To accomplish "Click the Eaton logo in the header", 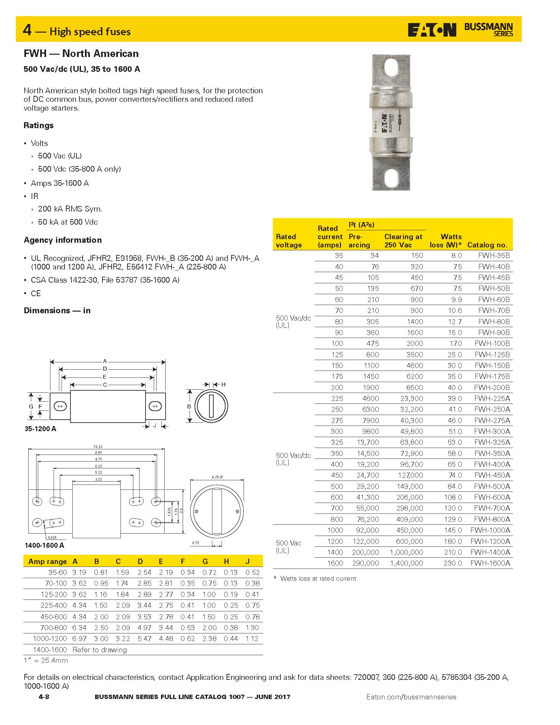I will coord(432,30).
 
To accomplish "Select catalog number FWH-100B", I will coord(492,344).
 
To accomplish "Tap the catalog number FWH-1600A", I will coord(490,563).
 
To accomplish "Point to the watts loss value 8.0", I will coord(456,256).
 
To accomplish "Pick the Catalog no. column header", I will coord(487,245).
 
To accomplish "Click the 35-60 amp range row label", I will coord(58,572).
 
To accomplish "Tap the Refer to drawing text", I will coord(99,650).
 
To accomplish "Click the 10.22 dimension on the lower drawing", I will coord(98,447).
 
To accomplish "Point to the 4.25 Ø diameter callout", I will coord(217,477).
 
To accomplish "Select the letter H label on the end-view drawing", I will coord(224,384).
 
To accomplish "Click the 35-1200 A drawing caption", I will coord(40,429).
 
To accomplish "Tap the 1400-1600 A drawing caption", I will coord(44,545).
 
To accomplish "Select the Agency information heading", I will coord(63,240).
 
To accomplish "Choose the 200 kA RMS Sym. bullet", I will coord(70,209).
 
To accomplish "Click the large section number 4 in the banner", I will coord(27,30).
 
